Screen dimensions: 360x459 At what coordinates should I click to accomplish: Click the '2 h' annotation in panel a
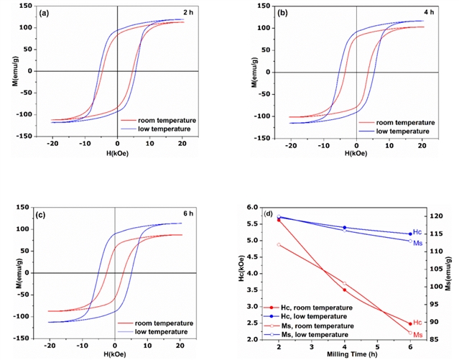[x=188, y=13]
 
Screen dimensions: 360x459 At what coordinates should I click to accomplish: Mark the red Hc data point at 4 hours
[x=345, y=290]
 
